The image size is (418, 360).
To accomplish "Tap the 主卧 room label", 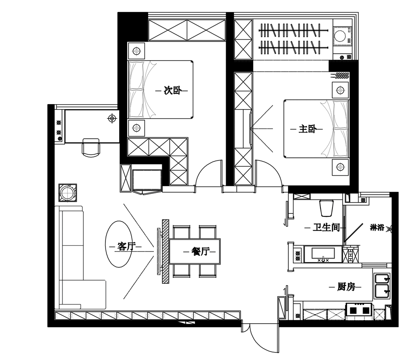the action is click(x=307, y=129).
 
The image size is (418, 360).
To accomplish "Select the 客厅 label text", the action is click(x=126, y=246).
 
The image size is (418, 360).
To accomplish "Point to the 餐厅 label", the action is click(x=200, y=251).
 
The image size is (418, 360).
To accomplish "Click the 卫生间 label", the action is click(x=326, y=227).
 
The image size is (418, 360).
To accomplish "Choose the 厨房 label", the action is click(x=346, y=287).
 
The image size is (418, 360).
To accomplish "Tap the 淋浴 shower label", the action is click(x=377, y=227).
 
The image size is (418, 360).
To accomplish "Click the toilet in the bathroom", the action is click(x=326, y=207).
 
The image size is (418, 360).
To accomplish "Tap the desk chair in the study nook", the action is click(x=91, y=147).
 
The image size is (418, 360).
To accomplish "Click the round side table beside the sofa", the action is click(x=68, y=192).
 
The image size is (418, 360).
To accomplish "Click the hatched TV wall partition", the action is click(x=166, y=251).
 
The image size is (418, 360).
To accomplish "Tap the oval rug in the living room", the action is click(x=119, y=244).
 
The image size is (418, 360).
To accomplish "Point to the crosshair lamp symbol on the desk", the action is click(x=112, y=118).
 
